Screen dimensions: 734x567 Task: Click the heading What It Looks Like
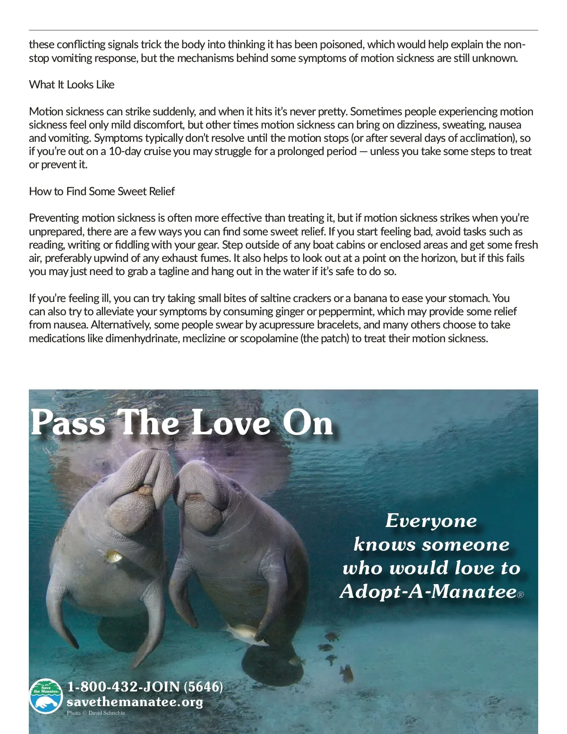coord(72,85)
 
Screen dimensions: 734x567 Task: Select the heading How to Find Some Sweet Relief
coord(102,191)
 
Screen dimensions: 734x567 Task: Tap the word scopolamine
coord(269,338)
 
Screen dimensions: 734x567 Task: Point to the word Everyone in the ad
coord(431,521)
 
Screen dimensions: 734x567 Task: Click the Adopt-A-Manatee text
coord(428,591)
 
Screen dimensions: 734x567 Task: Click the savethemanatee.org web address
coord(135,702)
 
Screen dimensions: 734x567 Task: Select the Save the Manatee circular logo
coord(46,696)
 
